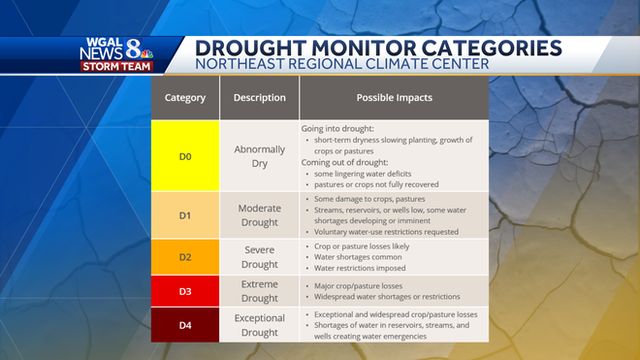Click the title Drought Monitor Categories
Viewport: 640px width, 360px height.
[377, 48]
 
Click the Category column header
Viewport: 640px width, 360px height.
[184, 98]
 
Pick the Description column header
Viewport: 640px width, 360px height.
[259, 98]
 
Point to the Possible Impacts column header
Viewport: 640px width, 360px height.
[394, 98]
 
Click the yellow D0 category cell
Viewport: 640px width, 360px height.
[184, 156]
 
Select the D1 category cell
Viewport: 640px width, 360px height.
[184, 214]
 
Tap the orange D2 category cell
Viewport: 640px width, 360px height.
[184, 256]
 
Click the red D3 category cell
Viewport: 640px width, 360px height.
[184, 291]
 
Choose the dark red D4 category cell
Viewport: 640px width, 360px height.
[184, 324]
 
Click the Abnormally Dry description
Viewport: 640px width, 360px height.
[259, 156]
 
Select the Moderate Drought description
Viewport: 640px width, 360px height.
[259, 214]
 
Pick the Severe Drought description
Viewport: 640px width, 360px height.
[259, 256]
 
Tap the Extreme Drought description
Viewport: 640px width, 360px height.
[259, 291]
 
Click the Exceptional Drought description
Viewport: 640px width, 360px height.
[259, 324]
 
